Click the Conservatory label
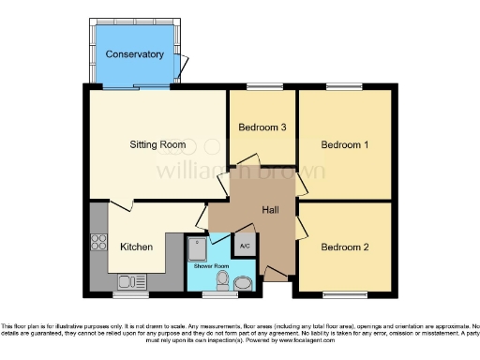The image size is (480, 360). point(134,54)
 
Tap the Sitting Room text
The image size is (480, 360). point(157,145)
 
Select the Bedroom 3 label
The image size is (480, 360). point(262,127)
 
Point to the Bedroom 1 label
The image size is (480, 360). point(344,145)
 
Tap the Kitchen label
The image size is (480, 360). point(136,247)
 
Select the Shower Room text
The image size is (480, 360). point(211,266)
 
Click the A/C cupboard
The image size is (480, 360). point(245,246)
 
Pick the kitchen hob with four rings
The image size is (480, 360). point(98,243)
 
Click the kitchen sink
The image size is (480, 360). point(127,281)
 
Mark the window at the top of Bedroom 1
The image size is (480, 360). point(339,87)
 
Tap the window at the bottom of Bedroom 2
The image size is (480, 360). point(339,295)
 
